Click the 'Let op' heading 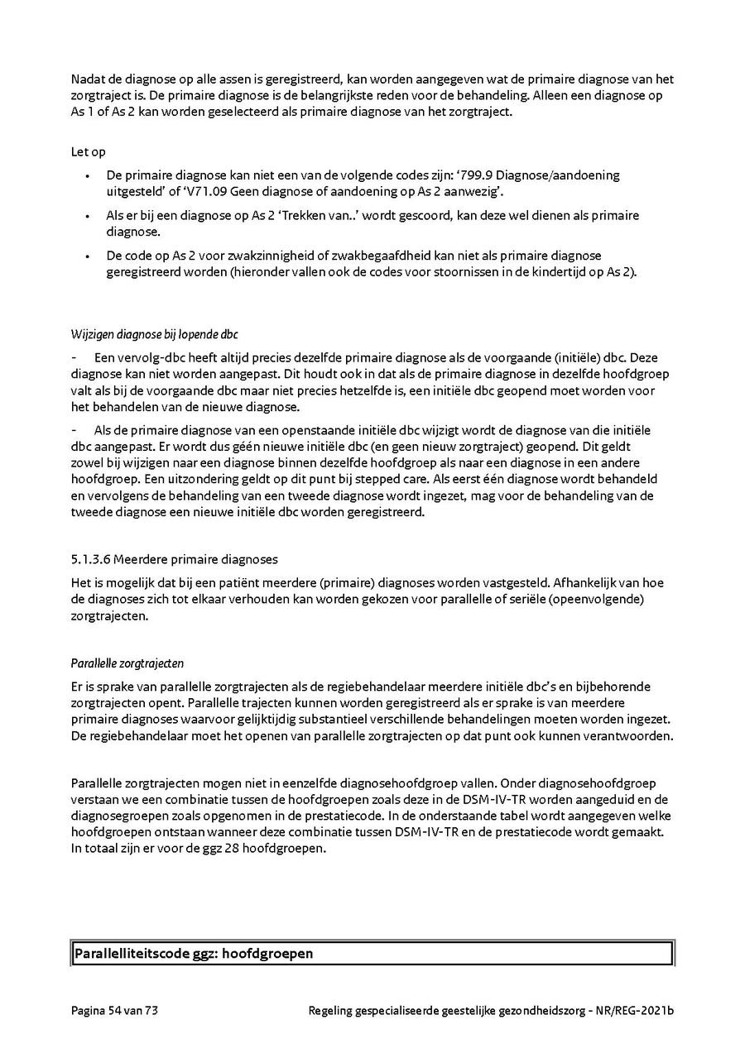(x=88, y=152)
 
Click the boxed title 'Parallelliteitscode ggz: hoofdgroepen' (x=194, y=954)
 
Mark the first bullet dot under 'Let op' (x=88, y=176)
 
